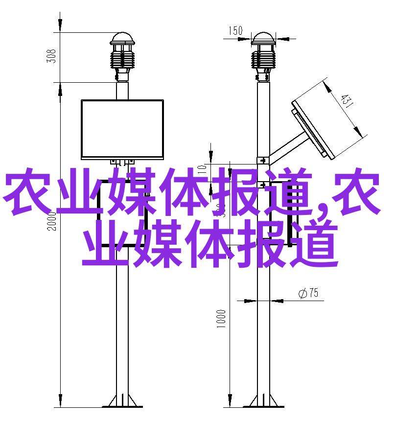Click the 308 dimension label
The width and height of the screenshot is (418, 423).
(x=51, y=56)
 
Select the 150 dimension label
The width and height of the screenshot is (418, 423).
(x=236, y=31)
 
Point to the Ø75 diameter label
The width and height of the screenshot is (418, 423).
(x=308, y=293)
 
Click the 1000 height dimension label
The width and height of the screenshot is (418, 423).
(x=221, y=319)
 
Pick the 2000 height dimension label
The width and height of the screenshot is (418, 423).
(x=52, y=221)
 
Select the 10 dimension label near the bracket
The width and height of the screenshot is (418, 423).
(x=202, y=169)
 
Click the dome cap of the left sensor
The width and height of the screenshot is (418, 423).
(x=122, y=39)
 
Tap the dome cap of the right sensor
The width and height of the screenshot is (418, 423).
(x=263, y=39)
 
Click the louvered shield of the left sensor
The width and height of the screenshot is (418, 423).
(x=122, y=60)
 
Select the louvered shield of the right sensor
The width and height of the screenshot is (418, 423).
(x=263, y=60)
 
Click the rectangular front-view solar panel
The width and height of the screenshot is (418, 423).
(x=122, y=129)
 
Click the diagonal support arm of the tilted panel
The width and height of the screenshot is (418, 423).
(x=289, y=148)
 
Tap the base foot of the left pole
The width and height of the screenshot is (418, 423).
(x=122, y=401)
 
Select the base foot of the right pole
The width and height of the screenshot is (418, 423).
(x=263, y=401)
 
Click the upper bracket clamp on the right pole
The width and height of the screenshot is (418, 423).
(x=263, y=161)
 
